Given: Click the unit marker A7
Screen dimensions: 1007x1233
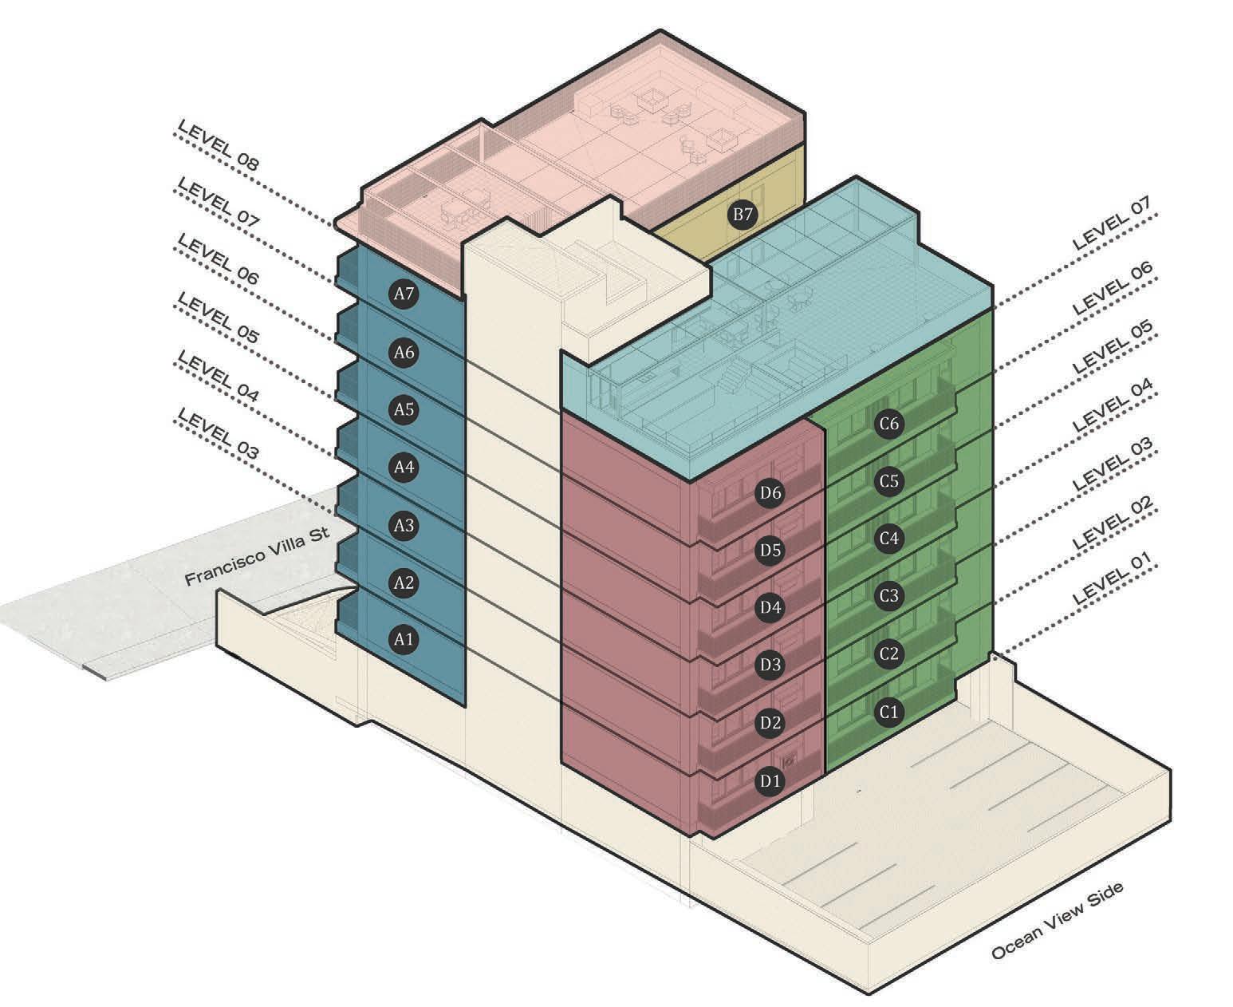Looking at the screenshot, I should [404, 294].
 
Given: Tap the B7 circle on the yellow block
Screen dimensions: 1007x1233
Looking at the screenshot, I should [743, 215].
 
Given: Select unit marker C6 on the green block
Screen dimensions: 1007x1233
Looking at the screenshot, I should [888, 424].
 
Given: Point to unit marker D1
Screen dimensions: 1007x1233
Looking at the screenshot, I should [770, 781].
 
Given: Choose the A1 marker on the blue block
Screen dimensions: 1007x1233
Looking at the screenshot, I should [404, 639].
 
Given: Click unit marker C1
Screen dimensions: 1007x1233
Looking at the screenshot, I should [888, 712].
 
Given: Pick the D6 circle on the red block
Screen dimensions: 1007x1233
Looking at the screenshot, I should [770, 492].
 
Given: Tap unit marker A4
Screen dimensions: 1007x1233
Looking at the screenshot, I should [404, 467].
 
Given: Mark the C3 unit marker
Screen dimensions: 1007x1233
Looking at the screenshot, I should [888, 596].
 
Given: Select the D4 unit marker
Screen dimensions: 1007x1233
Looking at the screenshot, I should [770, 608].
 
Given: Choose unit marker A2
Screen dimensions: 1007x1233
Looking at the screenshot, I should [404, 582].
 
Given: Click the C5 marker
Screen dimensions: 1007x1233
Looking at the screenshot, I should [888, 481].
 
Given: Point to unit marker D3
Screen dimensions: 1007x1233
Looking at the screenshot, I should [770, 665].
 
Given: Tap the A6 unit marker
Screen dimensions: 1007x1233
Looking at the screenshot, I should [404, 352].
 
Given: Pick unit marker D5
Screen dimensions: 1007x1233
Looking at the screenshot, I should [770, 550].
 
